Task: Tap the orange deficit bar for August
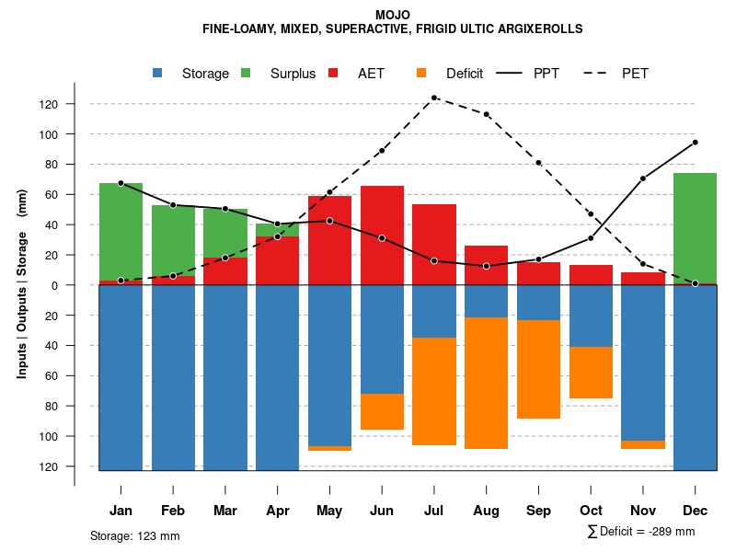[x=487, y=383]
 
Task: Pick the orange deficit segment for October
[x=592, y=373]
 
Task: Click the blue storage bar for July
[x=434, y=311]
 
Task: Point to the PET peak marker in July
[x=434, y=98]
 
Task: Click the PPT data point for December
[x=695, y=142]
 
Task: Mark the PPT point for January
[x=121, y=183]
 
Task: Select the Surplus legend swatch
[x=247, y=73]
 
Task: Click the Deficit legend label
[x=465, y=74]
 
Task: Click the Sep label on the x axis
[x=539, y=511]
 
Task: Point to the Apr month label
[x=278, y=511]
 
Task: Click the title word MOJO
[x=393, y=15]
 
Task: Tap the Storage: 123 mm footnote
[x=135, y=535]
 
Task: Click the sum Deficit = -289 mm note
[x=640, y=532]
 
